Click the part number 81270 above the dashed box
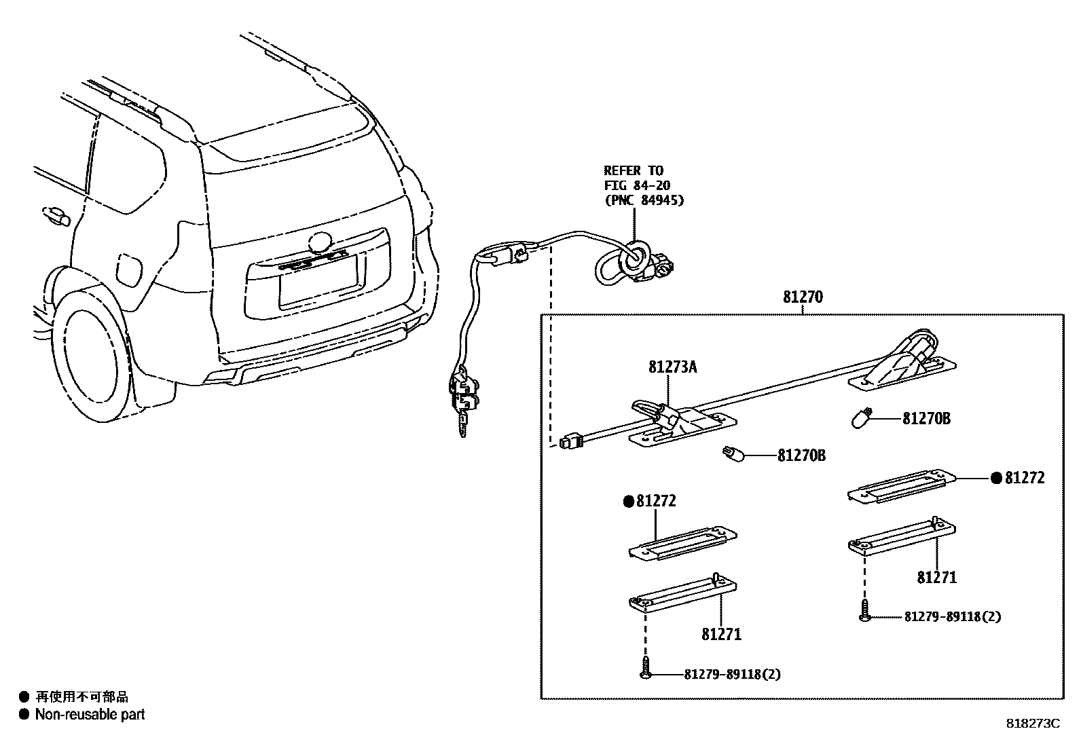pyautogui.click(x=802, y=297)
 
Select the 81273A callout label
pyautogui.click(x=672, y=367)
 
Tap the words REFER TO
pyautogui.click(x=633, y=170)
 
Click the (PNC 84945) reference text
pyautogui.click(x=643, y=200)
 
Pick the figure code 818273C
pyautogui.click(x=1032, y=724)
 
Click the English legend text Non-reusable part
pyautogui.click(x=90, y=714)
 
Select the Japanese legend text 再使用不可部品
pyautogui.click(x=81, y=696)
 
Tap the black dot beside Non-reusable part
pyautogui.click(x=24, y=714)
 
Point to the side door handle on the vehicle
pyautogui.click(x=56, y=216)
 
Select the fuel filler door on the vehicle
pyautogui.click(x=130, y=270)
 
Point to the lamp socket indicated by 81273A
pyautogui.click(x=653, y=411)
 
